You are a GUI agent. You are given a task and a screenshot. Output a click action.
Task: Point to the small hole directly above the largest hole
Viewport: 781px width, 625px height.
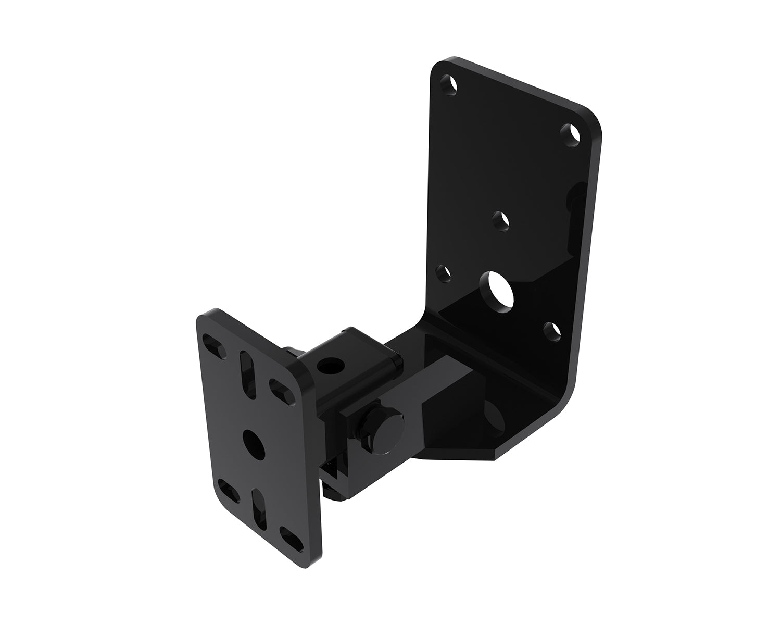point(501,220)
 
